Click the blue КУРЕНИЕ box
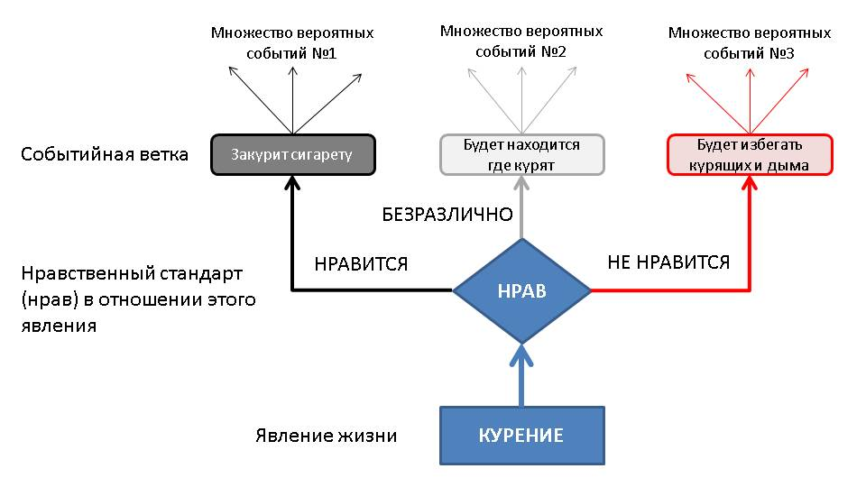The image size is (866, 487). click(x=521, y=436)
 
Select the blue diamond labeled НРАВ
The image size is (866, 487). click(x=521, y=290)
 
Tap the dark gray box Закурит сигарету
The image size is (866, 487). click(x=292, y=154)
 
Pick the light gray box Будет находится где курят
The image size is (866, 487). click(x=521, y=154)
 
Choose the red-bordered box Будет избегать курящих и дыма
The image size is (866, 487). click(x=750, y=154)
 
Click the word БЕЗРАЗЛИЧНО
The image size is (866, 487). click(x=447, y=215)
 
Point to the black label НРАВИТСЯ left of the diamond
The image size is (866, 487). click(x=361, y=264)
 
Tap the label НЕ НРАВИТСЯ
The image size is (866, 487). click(x=668, y=262)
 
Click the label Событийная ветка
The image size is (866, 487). click(x=105, y=154)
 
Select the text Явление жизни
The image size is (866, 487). click(x=326, y=436)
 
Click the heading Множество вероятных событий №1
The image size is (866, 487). click(x=292, y=42)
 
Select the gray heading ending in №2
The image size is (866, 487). click(x=521, y=41)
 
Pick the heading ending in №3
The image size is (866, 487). click(x=750, y=43)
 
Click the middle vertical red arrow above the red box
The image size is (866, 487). click(x=750, y=99)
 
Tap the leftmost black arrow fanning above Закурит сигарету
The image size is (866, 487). click(x=258, y=100)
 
